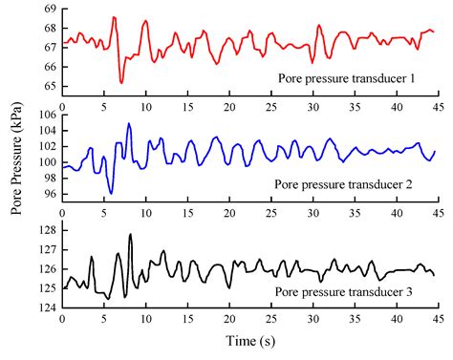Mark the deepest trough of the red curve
click(121, 83)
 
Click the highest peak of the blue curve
click(129, 123)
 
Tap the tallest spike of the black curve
click(130, 234)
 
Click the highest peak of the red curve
click(114, 17)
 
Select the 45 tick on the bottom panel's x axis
click(435, 320)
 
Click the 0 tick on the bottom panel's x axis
click(62, 320)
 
